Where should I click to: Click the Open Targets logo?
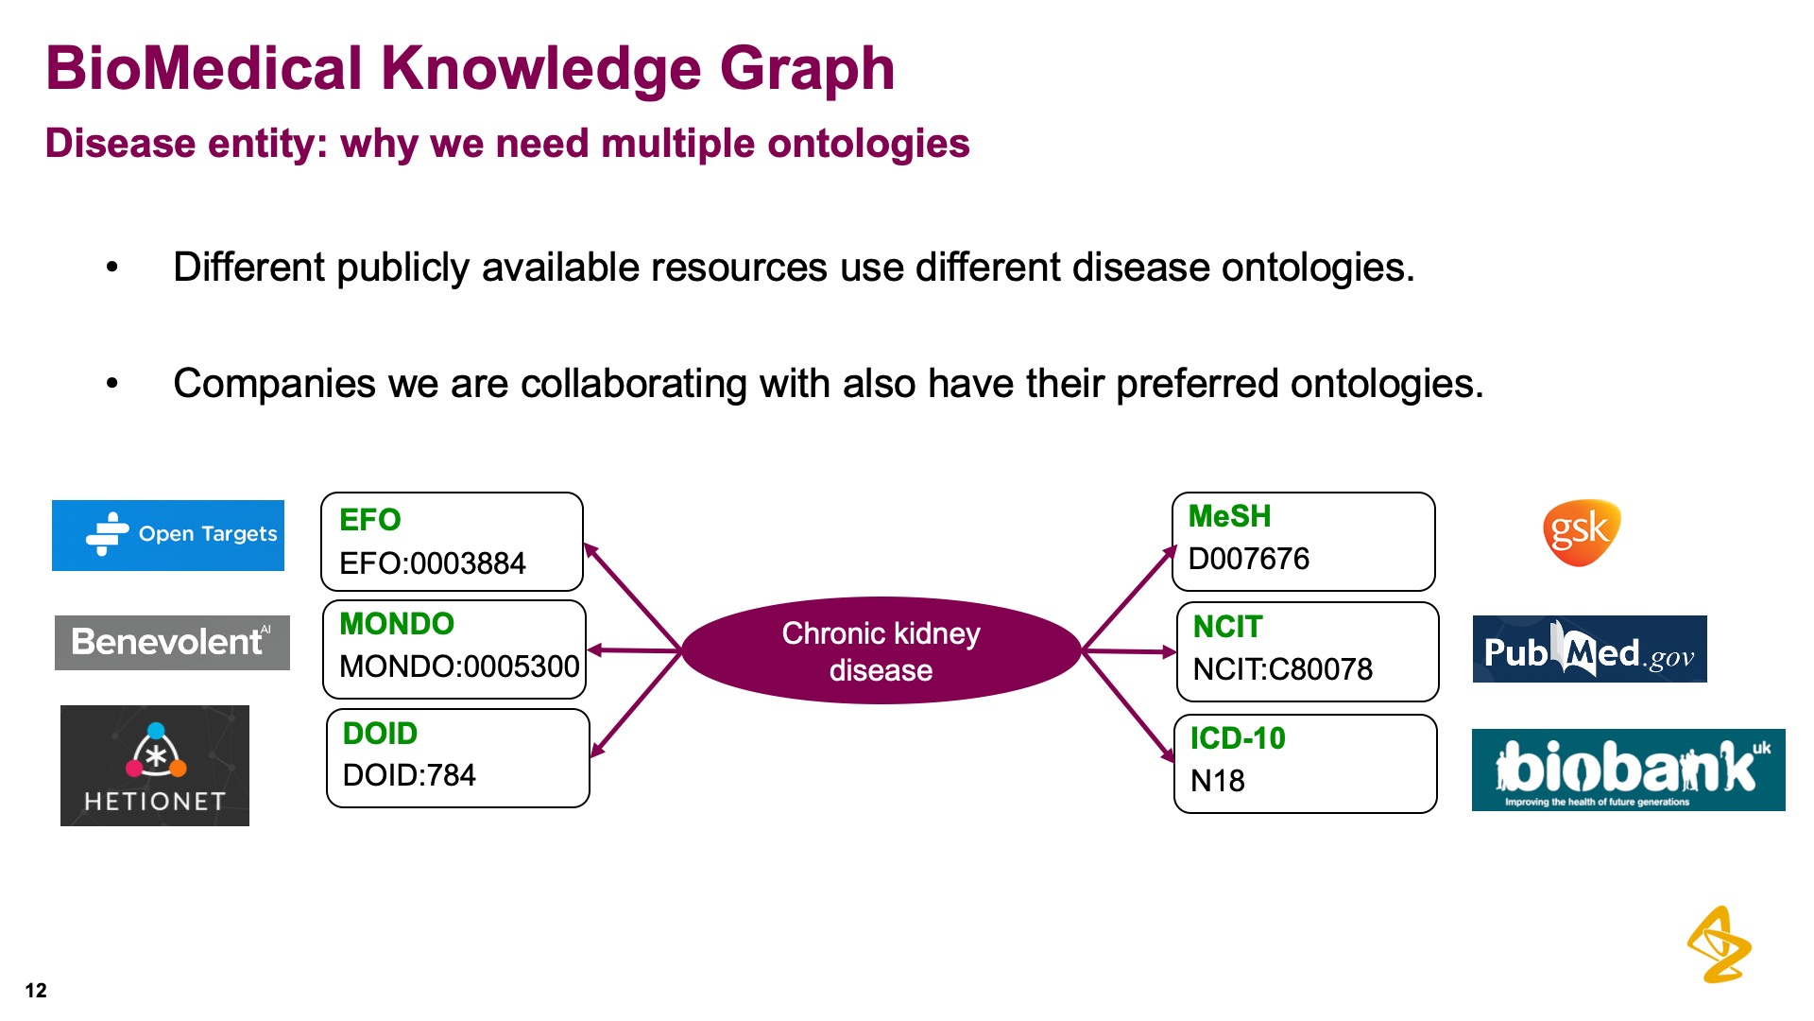coord(168,535)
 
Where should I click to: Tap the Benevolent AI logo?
coord(172,643)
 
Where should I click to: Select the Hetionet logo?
coord(155,766)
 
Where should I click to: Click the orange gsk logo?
coord(1581,532)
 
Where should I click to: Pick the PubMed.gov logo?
coord(1589,649)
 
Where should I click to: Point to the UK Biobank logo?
coord(1628,770)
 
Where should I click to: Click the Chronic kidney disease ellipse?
coord(881,650)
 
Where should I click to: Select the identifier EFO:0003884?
coord(432,563)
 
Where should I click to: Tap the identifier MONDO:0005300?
coord(459,666)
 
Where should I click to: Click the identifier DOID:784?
coord(409,775)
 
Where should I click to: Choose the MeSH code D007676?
coord(1248,559)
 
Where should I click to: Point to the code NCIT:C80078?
coord(1282,669)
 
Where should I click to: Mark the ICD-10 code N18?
coord(1217,781)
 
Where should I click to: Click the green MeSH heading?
coord(1229,516)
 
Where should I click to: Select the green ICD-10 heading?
coord(1238,737)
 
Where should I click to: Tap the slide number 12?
coord(36,990)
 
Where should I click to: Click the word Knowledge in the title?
coord(540,70)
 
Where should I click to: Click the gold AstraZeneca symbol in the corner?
coord(1719,945)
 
